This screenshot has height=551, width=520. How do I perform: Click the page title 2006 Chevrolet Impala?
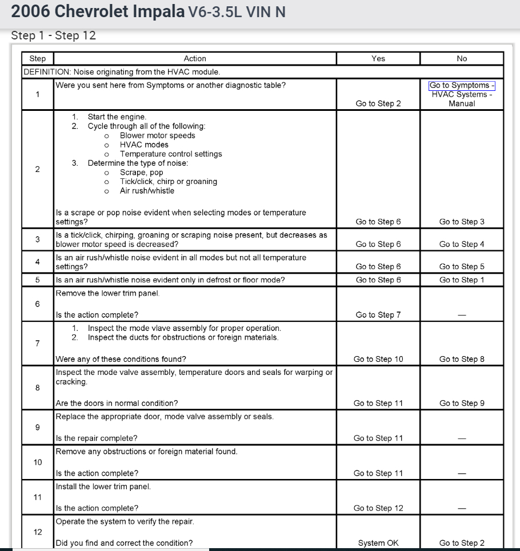(97, 11)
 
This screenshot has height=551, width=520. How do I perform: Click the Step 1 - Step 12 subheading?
(54, 35)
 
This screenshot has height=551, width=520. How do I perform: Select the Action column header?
(195, 58)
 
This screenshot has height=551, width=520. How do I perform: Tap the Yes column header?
(378, 58)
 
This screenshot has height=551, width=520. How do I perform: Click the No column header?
(462, 58)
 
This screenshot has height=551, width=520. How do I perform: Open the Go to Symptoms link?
(462, 86)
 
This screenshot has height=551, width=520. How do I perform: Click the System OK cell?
(378, 543)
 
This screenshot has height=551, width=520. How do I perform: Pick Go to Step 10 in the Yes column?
(378, 359)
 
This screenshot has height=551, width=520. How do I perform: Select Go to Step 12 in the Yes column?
(378, 508)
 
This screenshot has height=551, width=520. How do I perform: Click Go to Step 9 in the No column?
(462, 403)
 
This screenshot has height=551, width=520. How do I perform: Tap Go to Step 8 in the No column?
(462, 359)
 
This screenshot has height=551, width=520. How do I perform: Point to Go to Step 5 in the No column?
(462, 266)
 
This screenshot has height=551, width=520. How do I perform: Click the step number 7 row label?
(38, 344)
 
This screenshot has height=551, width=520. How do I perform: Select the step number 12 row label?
(38, 532)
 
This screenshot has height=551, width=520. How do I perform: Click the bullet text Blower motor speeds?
(157, 135)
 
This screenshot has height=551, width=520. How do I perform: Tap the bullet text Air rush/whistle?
(147, 190)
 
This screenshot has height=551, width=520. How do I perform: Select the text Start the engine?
(117, 117)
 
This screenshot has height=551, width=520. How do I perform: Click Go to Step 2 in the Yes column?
(378, 103)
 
